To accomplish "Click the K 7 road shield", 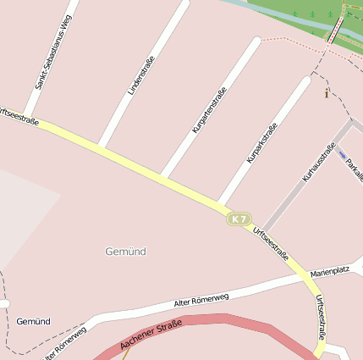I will [x=239, y=219].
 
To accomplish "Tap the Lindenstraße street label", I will [x=135, y=77].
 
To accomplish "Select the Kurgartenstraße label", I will [x=209, y=110].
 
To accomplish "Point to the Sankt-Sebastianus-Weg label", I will [x=53, y=52].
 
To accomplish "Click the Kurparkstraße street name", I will [x=261, y=143].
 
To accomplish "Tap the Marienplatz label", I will [x=330, y=271].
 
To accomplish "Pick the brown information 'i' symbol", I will [x=327, y=93].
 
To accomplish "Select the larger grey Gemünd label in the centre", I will [x=125, y=252].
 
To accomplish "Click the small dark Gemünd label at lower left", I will [x=33, y=322].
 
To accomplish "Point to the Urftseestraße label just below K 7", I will [x=271, y=244].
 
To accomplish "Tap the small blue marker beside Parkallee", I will [x=342, y=155].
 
